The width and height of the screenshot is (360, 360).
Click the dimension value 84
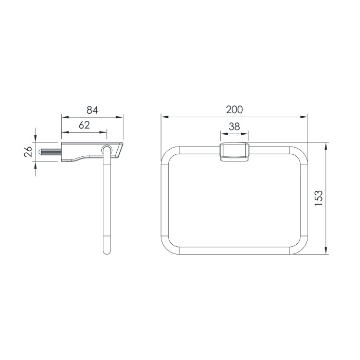[92, 110]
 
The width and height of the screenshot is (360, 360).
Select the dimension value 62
[84, 125]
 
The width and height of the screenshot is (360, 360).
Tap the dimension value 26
[28, 152]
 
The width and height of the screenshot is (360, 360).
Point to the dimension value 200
[234, 110]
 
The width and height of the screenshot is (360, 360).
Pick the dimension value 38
[234, 127]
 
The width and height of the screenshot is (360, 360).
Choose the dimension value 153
[319, 198]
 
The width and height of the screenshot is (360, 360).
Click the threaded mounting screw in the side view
[50, 152]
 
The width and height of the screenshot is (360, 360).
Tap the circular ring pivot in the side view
[107, 149]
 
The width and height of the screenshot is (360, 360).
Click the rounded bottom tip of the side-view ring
[107, 252]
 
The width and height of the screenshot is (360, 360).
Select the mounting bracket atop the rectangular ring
[234, 152]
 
